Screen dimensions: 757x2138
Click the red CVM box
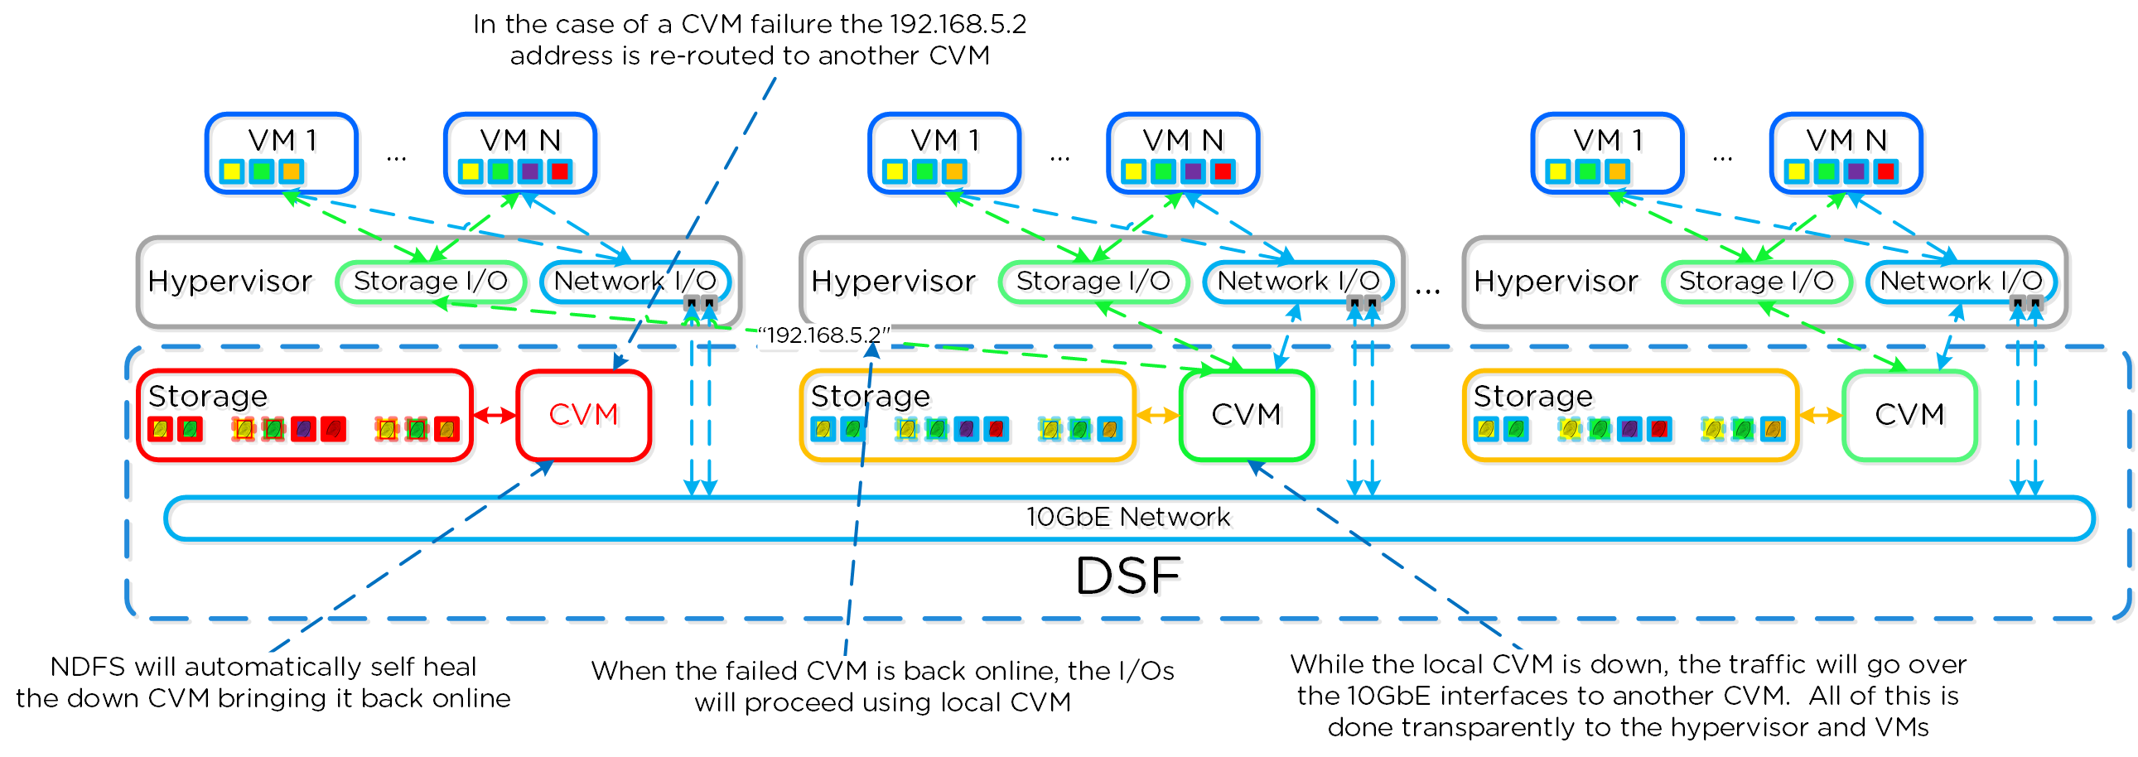tap(582, 414)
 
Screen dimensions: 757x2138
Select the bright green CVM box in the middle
tap(1246, 414)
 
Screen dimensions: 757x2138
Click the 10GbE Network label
tap(1127, 517)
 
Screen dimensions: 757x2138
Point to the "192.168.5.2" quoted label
tap(823, 335)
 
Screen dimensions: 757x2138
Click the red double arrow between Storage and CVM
tap(495, 415)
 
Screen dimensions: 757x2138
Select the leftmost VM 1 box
tap(282, 152)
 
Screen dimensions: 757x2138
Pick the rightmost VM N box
tap(1846, 152)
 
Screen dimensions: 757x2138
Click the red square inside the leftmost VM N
tap(560, 171)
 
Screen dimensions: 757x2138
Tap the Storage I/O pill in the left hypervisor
tap(430, 282)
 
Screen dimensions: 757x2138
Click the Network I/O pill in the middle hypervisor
tap(1297, 282)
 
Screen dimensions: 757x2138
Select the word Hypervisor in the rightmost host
tap(1556, 282)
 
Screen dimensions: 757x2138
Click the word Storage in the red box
tap(207, 396)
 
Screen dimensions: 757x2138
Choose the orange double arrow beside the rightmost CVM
tap(1820, 415)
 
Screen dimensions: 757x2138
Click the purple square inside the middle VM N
tap(1193, 171)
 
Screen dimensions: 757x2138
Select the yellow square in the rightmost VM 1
tap(1558, 171)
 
